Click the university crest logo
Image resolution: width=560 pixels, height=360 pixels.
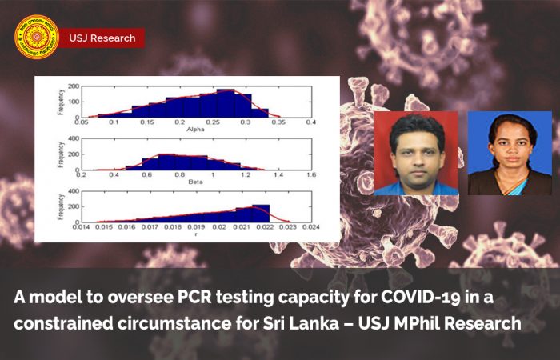37,38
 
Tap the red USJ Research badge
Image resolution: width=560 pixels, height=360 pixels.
102,38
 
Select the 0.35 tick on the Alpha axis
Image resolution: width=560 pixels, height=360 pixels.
278,122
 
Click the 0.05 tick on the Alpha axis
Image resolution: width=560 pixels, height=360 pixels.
81,122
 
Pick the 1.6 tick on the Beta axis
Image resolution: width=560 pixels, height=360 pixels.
310,174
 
